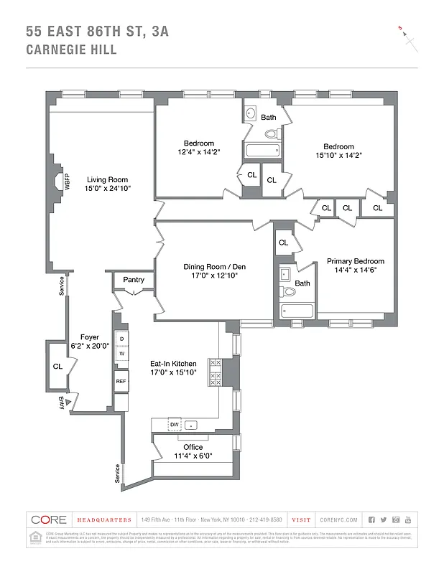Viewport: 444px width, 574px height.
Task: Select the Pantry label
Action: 134,280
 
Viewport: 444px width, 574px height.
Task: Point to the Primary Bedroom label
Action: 355,261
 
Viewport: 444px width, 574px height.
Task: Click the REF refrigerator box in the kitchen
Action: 121,381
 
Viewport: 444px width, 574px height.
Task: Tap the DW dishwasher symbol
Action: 175,425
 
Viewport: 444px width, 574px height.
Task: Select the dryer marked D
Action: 121,339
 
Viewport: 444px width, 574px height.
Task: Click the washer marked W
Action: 121,353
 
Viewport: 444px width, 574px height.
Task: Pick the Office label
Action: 193,447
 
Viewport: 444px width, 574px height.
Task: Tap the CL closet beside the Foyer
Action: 57,366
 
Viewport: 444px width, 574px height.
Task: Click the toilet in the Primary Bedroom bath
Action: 288,292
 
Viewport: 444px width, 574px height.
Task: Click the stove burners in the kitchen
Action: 214,372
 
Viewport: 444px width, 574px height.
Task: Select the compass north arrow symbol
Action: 409,39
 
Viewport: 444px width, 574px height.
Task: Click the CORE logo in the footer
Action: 49,519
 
